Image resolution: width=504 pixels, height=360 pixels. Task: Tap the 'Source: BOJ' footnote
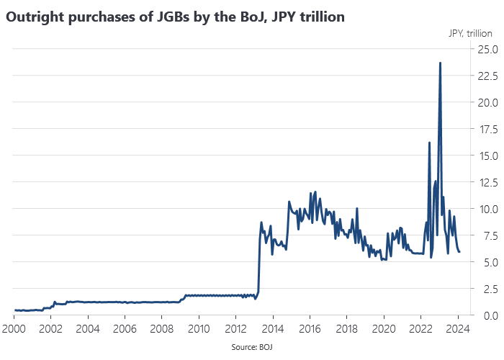(x=252, y=347)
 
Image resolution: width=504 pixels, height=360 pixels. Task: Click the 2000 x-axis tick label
(x=14, y=330)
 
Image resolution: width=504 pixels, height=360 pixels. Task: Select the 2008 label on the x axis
(x=162, y=330)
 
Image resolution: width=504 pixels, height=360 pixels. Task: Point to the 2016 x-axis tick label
(x=310, y=330)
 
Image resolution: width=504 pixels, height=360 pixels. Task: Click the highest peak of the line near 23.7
(x=440, y=63)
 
